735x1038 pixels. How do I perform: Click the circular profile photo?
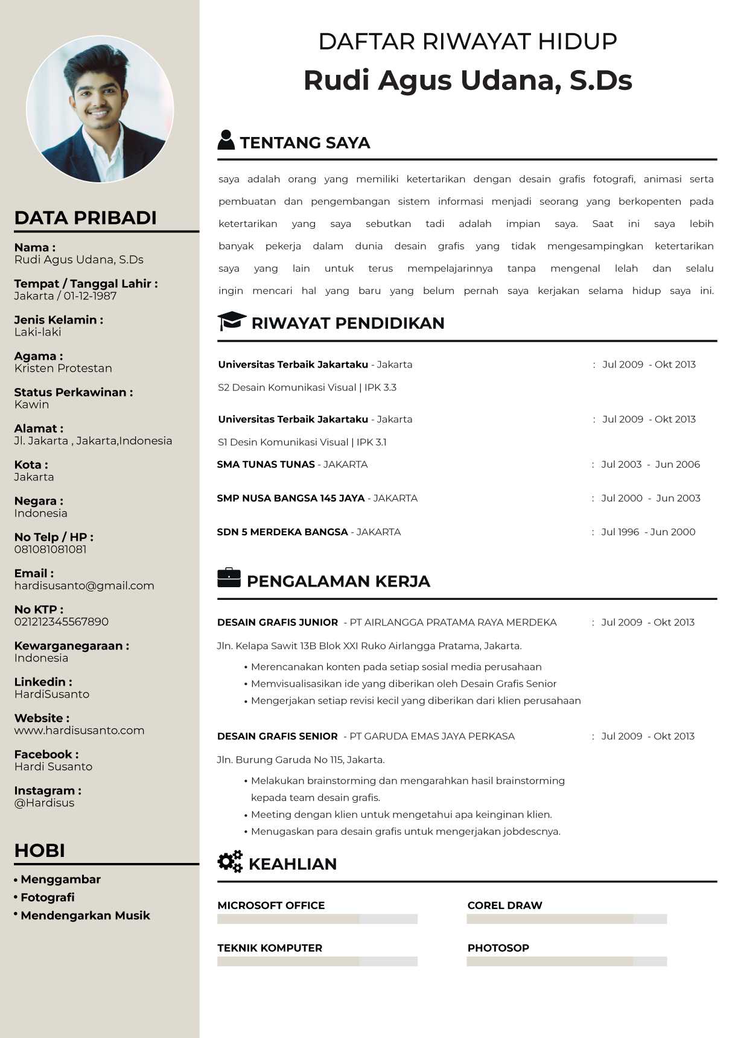pyautogui.click(x=100, y=109)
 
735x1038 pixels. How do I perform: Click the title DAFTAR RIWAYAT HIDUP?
pyautogui.click(x=468, y=42)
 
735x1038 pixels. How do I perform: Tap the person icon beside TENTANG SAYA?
pyautogui.click(x=226, y=140)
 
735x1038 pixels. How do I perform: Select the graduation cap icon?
pyautogui.click(x=231, y=321)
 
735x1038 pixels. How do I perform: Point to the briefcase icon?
pyautogui.click(x=229, y=578)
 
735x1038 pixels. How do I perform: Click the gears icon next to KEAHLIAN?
pyautogui.click(x=230, y=862)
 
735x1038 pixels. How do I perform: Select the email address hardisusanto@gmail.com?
pyautogui.click(x=84, y=585)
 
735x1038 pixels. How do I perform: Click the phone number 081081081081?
pyautogui.click(x=51, y=549)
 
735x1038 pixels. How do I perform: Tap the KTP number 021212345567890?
pyautogui.click(x=62, y=622)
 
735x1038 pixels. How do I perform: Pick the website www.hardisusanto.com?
pyautogui.click(x=80, y=730)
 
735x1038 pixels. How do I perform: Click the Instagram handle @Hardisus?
pyautogui.click(x=45, y=803)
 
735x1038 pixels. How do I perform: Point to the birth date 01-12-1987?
pyautogui.click(x=90, y=296)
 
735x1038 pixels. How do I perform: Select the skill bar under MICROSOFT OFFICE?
pyautogui.click(x=317, y=919)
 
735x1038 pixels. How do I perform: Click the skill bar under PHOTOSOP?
pyautogui.click(x=567, y=961)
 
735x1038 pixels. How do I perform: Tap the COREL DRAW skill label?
pyautogui.click(x=504, y=905)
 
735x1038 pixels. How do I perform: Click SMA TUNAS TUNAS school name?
pyautogui.click(x=266, y=464)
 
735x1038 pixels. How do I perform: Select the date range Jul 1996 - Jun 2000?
pyautogui.click(x=648, y=532)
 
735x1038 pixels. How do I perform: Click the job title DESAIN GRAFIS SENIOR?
pyautogui.click(x=278, y=736)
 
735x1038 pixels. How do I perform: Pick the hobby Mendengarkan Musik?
pyautogui.click(x=85, y=915)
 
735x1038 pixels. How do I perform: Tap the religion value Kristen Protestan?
pyautogui.click(x=63, y=368)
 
